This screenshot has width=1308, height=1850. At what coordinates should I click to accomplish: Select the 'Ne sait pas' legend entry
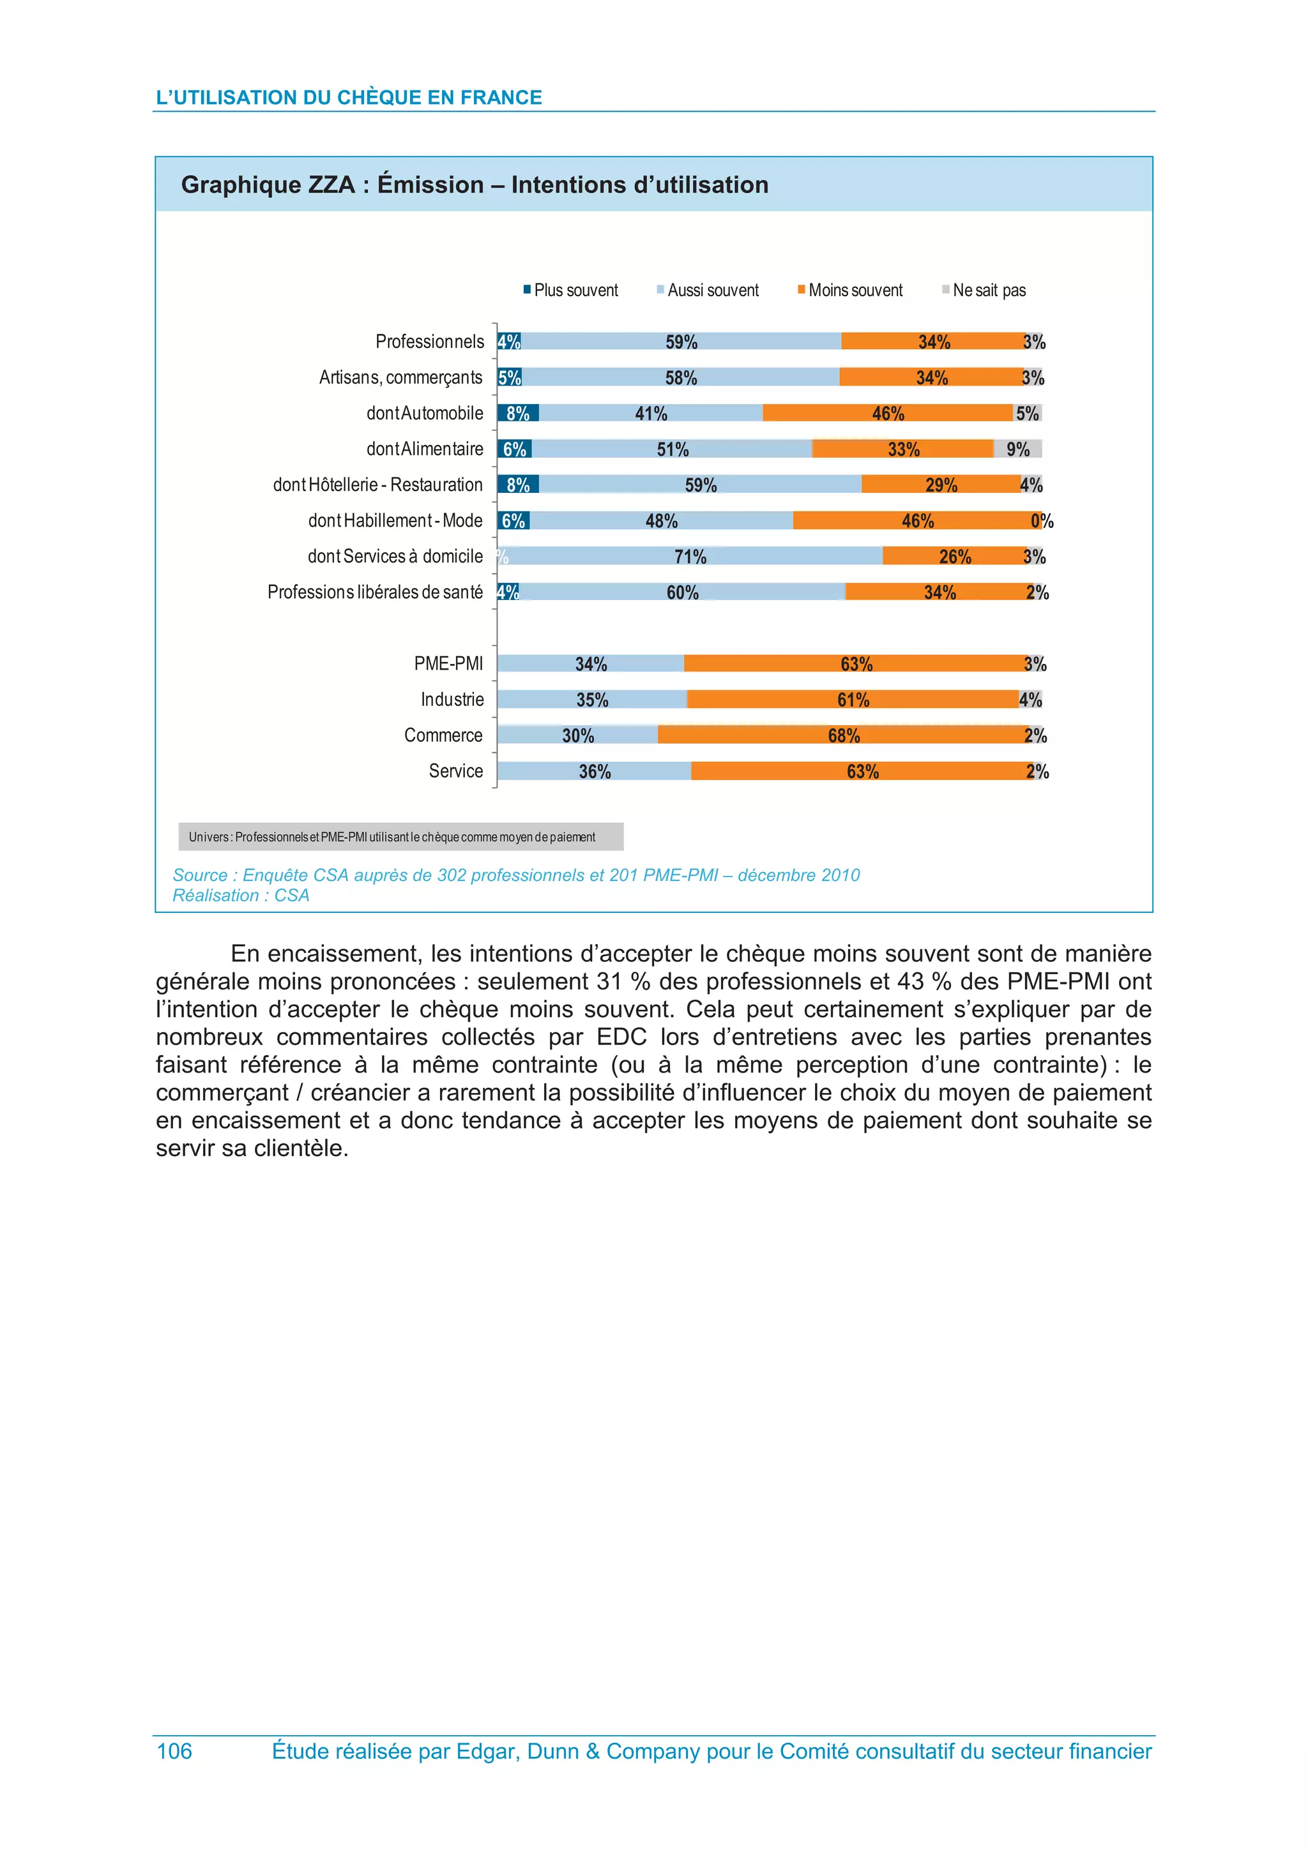tap(984, 290)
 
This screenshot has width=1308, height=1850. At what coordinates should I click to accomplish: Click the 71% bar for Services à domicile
tap(690, 556)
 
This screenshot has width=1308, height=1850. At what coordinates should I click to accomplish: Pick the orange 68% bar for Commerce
tap(843, 735)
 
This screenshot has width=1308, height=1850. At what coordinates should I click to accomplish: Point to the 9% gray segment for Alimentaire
tap(1018, 449)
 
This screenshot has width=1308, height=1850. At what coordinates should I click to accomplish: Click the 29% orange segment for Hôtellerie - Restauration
tap(941, 485)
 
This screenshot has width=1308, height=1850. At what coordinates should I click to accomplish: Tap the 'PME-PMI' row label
tap(448, 663)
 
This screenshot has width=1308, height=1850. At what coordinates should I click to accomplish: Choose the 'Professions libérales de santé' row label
tap(375, 592)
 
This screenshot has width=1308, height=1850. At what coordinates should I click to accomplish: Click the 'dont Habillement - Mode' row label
tap(395, 520)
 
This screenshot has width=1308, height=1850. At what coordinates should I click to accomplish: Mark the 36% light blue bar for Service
tap(594, 771)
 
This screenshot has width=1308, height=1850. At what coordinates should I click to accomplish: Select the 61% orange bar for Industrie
tap(853, 700)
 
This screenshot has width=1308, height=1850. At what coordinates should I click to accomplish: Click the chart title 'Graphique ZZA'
tap(474, 184)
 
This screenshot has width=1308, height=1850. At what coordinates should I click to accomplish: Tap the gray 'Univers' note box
tap(400, 836)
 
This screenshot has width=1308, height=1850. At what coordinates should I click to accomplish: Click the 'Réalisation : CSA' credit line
tap(240, 895)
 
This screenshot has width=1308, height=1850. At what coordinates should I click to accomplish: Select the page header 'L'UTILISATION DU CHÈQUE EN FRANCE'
tap(348, 98)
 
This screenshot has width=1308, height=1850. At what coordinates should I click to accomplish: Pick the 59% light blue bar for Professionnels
tap(681, 342)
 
